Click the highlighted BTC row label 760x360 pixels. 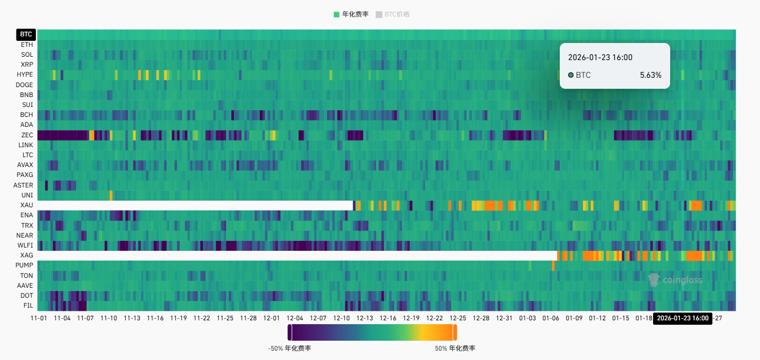pos(26,34)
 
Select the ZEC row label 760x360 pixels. pos(27,135)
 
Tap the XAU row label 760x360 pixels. pos(27,205)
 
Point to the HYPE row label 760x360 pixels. pos(25,74)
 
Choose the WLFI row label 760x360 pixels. pos(25,245)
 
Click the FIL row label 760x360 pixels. pos(28,306)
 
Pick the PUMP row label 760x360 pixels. pos(25,266)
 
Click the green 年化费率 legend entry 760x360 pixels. pos(351,14)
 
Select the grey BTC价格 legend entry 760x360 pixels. pos(393,14)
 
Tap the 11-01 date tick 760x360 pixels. pos(38,319)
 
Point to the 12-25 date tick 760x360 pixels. pos(458,319)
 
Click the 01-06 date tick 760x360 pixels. pos(551,319)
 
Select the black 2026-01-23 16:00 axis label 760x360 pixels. pos(683,319)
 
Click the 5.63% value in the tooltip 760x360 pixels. pos(650,75)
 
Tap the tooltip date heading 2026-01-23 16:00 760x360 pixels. pos(600,57)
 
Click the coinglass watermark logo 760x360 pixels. pos(675,280)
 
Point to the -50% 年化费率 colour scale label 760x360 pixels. pos(290,348)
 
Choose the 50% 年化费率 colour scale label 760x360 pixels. pos(455,348)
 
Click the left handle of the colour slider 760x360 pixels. pos(290,332)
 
